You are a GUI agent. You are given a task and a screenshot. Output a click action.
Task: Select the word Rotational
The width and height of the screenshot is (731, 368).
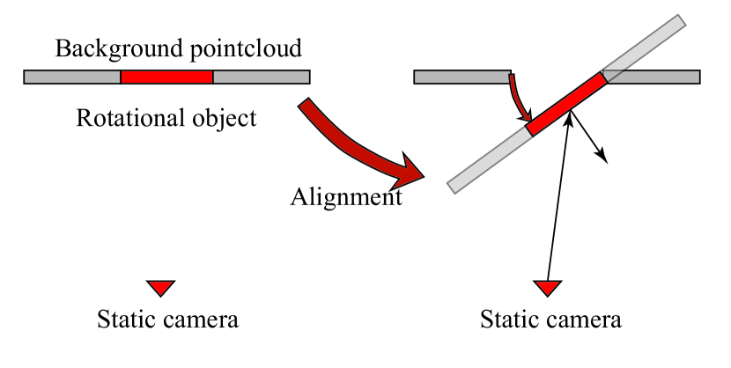click(x=126, y=118)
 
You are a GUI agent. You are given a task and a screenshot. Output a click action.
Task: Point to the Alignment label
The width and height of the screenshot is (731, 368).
click(x=346, y=196)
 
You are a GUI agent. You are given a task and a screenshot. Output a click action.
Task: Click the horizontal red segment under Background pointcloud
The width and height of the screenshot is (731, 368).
click(x=166, y=77)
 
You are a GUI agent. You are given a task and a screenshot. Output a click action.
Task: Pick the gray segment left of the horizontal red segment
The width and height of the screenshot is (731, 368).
click(x=72, y=77)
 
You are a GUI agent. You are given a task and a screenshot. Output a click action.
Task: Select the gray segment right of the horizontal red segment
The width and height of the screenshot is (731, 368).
click(x=261, y=77)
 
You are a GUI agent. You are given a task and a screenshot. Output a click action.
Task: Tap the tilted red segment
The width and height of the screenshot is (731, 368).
click(x=567, y=104)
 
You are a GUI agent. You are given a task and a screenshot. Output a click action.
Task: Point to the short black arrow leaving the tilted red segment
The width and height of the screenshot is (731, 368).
click(x=590, y=137)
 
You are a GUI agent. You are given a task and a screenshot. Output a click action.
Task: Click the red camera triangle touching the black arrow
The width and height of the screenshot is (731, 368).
click(x=548, y=287)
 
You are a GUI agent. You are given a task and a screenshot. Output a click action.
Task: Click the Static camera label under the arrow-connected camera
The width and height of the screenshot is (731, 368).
click(x=550, y=319)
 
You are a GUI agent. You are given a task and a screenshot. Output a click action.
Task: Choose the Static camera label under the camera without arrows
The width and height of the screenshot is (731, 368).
click(x=167, y=319)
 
